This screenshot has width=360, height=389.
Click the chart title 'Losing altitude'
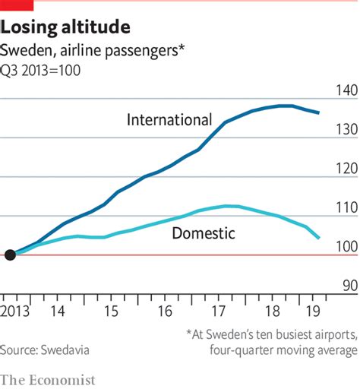(65, 28)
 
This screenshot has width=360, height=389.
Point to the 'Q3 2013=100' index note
(42, 71)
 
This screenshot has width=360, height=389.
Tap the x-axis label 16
(164, 311)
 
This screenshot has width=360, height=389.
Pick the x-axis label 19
(311, 311)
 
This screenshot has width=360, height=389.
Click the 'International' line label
(169, 120)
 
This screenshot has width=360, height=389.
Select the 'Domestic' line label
(204, 233)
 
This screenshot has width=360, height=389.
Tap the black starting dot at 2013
(10, 255)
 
